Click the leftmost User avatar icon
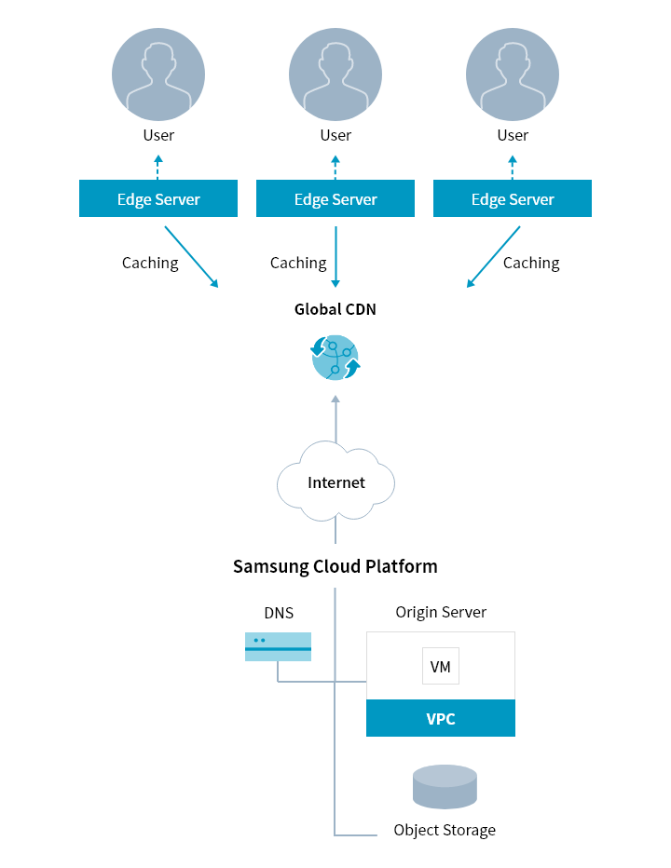158,74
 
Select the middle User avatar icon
335,74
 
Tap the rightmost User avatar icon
513,74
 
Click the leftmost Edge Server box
158,199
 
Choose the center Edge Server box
335,199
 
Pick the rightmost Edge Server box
513,199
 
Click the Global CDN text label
335,309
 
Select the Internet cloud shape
335,481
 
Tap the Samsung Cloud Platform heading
335,566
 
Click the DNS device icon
278,646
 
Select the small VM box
441,667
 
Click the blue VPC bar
441,719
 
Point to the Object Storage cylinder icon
445,787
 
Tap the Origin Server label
441,612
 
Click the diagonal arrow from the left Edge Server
191,253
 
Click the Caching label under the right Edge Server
531,263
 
